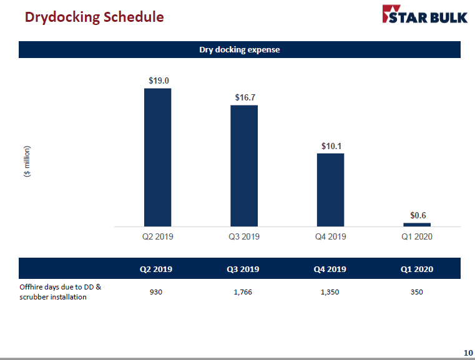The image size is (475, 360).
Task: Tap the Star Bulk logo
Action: (424, 15)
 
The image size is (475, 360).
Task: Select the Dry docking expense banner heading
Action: (239, 50)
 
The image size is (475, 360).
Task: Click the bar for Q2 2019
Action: (157, 157)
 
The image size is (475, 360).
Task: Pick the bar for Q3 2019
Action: (244, 165)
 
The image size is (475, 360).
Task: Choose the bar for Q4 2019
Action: (330, 190)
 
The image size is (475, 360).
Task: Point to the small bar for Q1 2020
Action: (417, 224)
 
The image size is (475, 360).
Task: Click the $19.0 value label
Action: (159, 80)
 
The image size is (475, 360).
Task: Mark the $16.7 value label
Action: (245, 97)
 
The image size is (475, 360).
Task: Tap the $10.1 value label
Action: (331, 146)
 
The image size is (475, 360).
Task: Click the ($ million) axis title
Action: (27, 162)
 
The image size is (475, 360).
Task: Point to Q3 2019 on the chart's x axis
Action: (244, 236)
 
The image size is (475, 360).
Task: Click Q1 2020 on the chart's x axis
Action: (416, 236)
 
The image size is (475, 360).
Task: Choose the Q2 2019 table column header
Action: (156, 270)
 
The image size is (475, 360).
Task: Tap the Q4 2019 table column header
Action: (330, 270)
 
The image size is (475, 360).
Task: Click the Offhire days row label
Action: (60, 292)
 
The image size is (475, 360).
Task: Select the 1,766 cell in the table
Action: (242, 292)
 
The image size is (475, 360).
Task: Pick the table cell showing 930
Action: (156, 292)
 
